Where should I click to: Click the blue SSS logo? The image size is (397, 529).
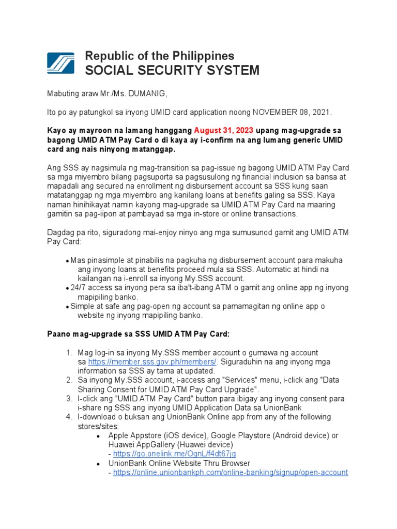(62, 64)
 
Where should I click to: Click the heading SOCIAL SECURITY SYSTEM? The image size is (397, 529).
(172, 71)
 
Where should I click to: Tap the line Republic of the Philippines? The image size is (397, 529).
(159, 56)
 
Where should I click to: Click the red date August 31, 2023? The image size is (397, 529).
(224, 130)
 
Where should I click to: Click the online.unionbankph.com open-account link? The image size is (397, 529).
(230, 472)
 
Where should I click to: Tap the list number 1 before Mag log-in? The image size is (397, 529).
(69, 352)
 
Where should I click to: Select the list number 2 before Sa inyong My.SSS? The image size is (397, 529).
(69, 380)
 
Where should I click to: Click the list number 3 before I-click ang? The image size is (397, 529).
(69, 399)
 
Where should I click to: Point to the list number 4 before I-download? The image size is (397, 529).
(69, 417)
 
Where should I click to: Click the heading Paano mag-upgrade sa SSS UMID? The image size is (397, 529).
(138, 334)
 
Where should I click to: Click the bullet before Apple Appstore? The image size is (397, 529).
(99, 436)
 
